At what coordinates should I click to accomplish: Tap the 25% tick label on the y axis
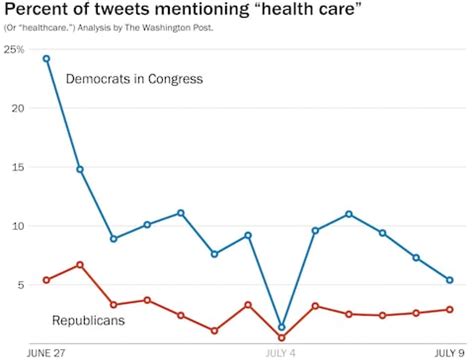(14, 49)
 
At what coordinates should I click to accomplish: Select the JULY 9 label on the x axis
(447, 352)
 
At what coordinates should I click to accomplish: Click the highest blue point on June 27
(46, 58)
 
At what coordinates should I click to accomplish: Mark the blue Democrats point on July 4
(282, 327)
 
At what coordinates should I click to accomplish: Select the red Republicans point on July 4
(282, 338)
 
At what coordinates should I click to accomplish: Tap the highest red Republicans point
(80, 265)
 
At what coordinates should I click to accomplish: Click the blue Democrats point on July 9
(450, 280)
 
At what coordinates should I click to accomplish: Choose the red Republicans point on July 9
(450, 309)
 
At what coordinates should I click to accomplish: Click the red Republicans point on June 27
(46, 280)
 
